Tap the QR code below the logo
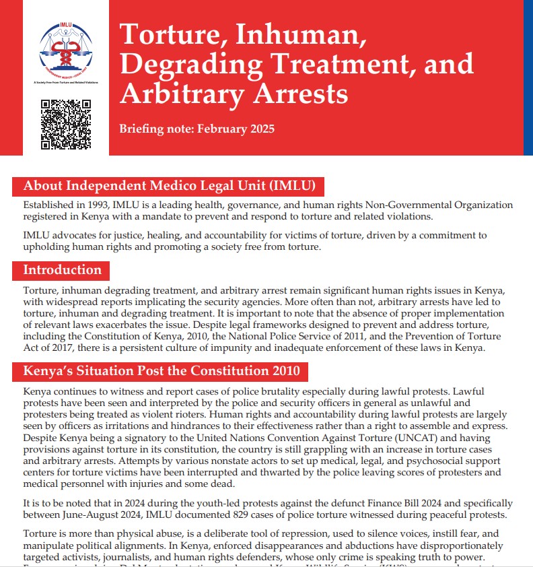click(66, 124)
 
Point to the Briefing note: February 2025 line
click(197, 129)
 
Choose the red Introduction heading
click(63, 270)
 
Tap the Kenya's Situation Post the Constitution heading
click(162, 371)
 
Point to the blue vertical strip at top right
click(528, 77)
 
